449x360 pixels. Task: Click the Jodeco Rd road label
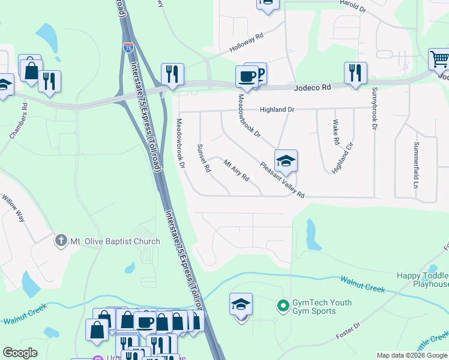pos(313,87)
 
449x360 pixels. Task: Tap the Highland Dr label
pos(277,110)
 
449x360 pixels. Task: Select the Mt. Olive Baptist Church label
pos(115,241)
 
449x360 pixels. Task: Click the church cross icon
pos(61,241)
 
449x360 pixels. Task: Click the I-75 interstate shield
pos(128,47)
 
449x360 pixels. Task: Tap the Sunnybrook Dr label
pos(374,109)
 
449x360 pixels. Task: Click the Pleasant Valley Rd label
pos(282,179)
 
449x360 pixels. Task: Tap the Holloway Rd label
pos(246,45)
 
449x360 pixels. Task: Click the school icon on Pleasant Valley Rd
pos(286,160)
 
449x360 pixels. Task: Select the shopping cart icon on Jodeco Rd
pos(439,59)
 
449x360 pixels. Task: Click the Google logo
pos(20,353)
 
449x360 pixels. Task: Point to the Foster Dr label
pos(348,331)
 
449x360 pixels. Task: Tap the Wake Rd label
pos(336,133)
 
